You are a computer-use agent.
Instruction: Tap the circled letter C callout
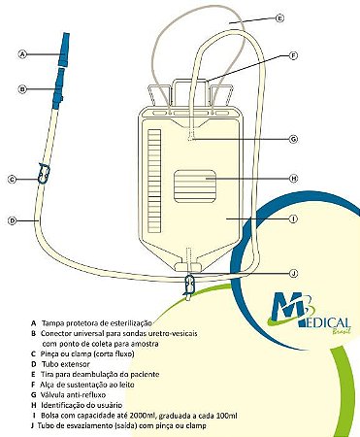click(x=13, y=179)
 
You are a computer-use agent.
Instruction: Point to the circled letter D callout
click(x=13, y=221)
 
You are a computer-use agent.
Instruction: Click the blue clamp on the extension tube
click(x=42, y=174)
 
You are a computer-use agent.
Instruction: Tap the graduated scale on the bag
click(x=151, y=185)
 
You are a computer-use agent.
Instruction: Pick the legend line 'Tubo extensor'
click(x=69, y=363)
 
